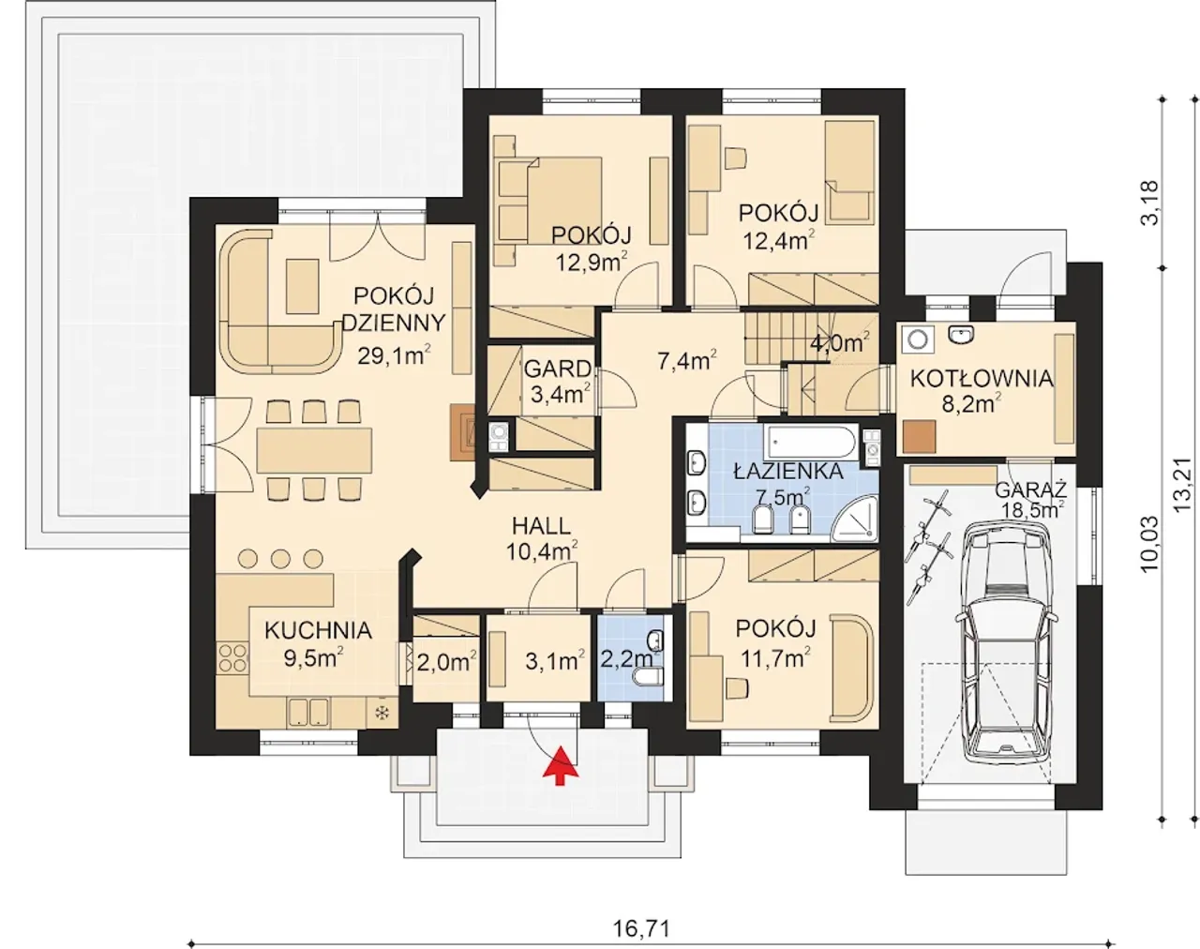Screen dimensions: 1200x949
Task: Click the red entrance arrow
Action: (x=562, y=765)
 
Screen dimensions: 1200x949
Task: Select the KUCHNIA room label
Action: (x=318, y=630)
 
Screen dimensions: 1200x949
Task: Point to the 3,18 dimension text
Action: (x=1149, y=203)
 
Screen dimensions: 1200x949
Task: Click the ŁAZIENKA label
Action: (x=787, y=472)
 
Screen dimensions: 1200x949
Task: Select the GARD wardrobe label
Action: (x=558, y=369)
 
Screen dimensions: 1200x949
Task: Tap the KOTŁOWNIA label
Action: (x=982, y=379)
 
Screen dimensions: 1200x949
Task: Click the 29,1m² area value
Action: (x=394, y=355)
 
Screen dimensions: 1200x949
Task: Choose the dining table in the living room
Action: (x=314, y=450)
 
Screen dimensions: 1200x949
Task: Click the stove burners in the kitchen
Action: (x=232, y=657)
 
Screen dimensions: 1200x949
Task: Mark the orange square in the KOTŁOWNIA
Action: (x=920, y=437)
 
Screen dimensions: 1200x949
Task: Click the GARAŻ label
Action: (x=1031, y=490)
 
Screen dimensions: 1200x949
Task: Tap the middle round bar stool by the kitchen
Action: (x=281, y=559)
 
